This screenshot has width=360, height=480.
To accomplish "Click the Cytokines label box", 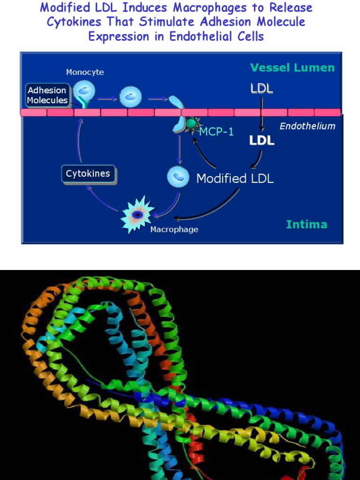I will pyautogui.click(x=88, y=174).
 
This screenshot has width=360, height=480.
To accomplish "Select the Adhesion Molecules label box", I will pyautogui.click(x=47, y=95).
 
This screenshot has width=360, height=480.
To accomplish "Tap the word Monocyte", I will pyautogui.click(x=85, y=72).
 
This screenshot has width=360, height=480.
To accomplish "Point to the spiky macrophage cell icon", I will pyautogui.click(x=137, y=215).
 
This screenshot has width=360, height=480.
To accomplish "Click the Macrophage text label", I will pyautogui.click(x=174, y=230).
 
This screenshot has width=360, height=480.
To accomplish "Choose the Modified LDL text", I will pyautogui.click(x=235, y=179).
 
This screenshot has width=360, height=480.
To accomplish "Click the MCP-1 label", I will pyautogui.click(x=216, y=132).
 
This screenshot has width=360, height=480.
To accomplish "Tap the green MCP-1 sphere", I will pyautogui.click(x=191, y=124).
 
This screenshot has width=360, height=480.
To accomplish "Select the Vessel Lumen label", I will pyautogui.click(x=292, y=68).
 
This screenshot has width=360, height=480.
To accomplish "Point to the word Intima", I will pyautogui.click(x=307, y=225).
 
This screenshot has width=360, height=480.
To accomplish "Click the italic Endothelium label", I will pyautogui.click(x=307, y=126).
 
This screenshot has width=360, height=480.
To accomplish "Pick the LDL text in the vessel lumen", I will pyautogui.click(x=262, y=89).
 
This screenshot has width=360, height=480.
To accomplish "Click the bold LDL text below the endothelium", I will pyautogui.click(x=262, y=141).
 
